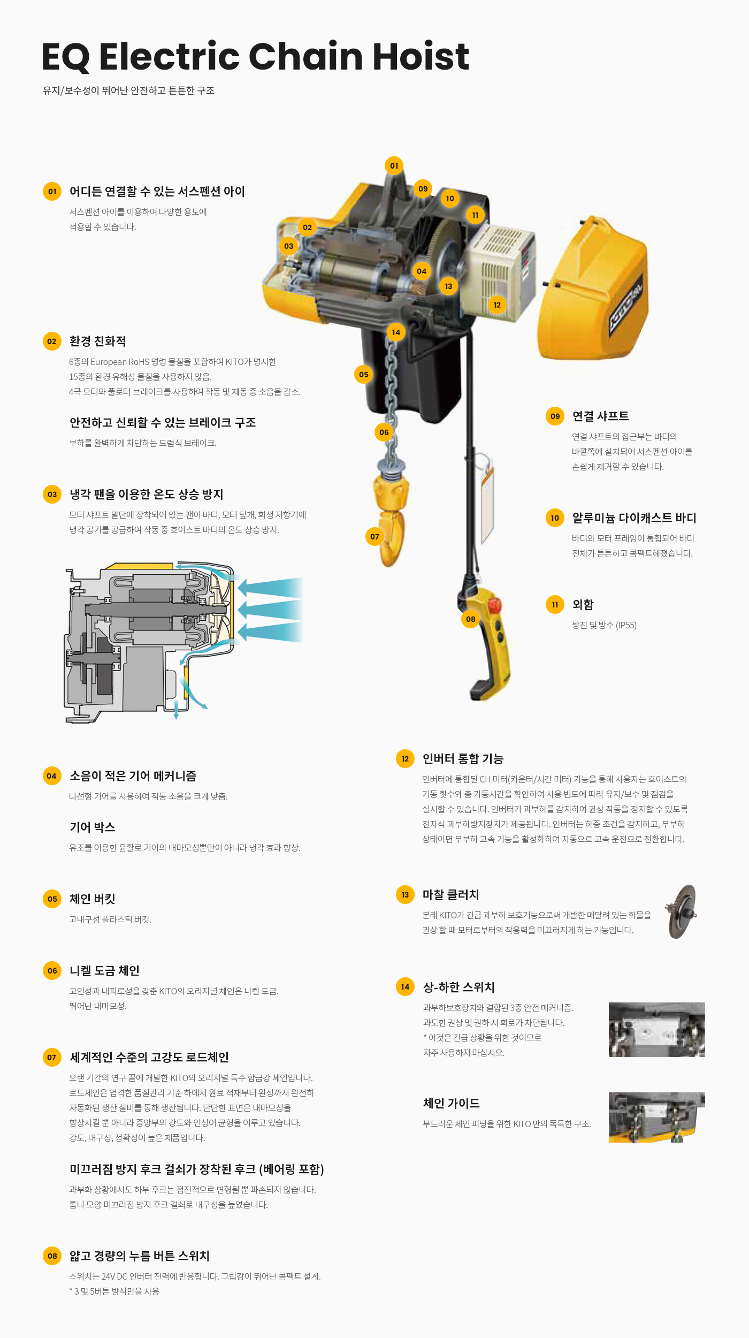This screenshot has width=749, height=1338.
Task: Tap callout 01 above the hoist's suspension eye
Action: point(394,166)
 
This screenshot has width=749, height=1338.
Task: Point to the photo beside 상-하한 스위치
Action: point(656,1029)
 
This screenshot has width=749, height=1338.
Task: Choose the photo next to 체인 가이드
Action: point(656,1117)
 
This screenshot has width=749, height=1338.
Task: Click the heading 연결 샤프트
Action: point(600,416)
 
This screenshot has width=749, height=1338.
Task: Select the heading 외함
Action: point(583,604)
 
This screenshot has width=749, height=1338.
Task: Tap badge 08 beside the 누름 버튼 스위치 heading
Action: point(52,1256)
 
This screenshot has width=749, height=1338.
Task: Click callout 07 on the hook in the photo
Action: point(374,536)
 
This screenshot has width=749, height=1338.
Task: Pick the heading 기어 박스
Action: point(92,827)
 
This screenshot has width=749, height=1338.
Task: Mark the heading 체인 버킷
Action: point(92,899)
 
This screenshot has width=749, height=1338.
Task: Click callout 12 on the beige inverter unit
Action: point(497,305)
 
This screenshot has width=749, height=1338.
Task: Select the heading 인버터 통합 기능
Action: point(463,758)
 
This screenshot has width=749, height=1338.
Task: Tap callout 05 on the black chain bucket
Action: point(364,375)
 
